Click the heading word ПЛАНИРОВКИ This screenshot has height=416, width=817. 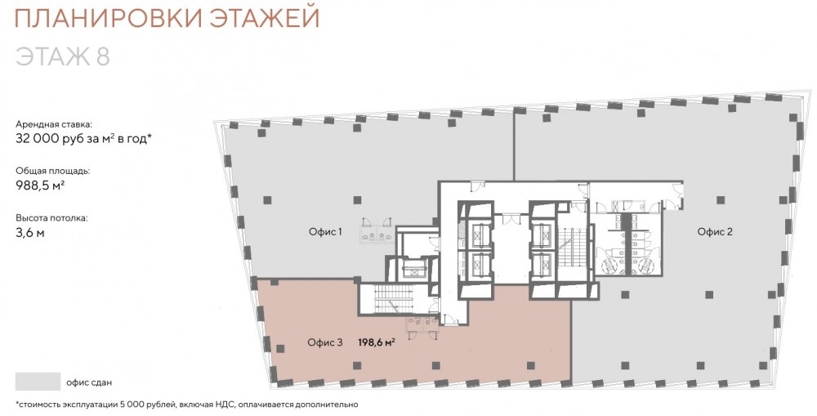[x=105, y=18]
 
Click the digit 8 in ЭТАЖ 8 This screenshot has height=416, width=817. [x=103, y=56]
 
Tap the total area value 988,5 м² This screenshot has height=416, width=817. [x=40, y=185]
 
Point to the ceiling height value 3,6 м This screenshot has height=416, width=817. [x=30, y=233]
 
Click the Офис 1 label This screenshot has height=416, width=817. [x=325, y=232]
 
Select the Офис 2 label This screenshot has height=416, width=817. [x=715, y=232]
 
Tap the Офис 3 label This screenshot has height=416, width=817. [x=325, y=342]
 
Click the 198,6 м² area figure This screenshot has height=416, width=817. [x=376, y=342]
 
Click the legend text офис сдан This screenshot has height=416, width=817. [x=89, y=382]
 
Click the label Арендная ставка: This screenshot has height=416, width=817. [x=54, y=124]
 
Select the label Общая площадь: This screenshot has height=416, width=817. [x=52, y=171]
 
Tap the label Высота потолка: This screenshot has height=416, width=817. [x=51, y=218]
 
